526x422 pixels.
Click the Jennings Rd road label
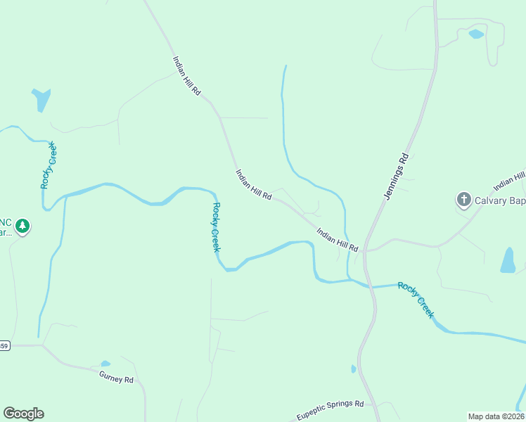pos(396,177)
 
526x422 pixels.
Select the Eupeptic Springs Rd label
pos(329,410)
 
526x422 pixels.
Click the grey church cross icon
pos(464,200)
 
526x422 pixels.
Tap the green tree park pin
pos(23,226)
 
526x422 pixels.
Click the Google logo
pos(23,414)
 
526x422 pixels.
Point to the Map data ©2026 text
pos(496,416)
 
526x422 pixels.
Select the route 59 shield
pos(4,345)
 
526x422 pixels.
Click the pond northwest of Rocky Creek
pos(41,98)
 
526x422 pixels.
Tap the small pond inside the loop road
pos(476,34)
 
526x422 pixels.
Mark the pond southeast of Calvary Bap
pos(508,260)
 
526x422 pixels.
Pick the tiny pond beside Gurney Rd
pos(105,364)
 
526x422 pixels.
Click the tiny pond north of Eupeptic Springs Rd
pos(353,369)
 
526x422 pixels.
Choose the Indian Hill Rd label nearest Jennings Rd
pos(338,239)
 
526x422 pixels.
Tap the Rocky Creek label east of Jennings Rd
pos(416,300)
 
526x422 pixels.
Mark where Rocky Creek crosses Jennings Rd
pos(371,286)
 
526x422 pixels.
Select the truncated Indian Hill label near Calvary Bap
pos(510,181)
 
